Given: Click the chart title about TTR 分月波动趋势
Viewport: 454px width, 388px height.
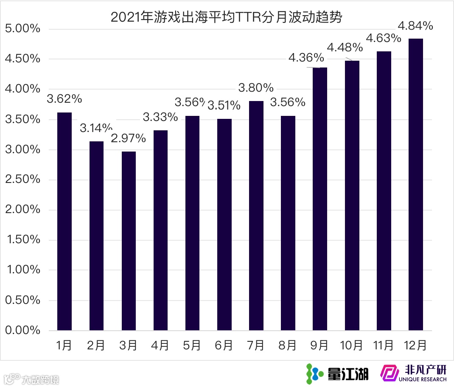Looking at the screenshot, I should click(227, 17).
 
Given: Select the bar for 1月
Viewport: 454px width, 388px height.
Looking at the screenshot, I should click(64, 221).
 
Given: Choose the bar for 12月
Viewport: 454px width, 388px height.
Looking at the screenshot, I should click(415, 184).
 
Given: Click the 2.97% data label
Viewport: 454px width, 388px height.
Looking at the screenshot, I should click(129, 138).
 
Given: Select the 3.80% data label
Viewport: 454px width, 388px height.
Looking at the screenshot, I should click(256, 88).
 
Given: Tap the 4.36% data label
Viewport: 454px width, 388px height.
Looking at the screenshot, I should click(306, 57).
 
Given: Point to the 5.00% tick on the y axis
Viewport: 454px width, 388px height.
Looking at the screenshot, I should click(22, 29).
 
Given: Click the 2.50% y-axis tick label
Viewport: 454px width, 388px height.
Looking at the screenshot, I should click(22, 180).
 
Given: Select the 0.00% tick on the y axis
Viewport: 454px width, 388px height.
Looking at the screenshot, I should click(22, 330).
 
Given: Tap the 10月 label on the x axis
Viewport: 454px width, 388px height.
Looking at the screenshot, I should click(351, 346).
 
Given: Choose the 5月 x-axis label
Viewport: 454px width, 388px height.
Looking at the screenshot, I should click(192, 346).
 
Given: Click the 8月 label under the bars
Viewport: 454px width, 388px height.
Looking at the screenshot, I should click(288, 346).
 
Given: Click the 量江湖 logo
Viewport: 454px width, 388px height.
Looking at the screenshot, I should click(338, 374).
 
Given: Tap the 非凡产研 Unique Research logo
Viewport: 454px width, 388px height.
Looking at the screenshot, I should click(413, 374).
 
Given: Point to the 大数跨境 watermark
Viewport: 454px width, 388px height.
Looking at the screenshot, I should click(32, 378).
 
